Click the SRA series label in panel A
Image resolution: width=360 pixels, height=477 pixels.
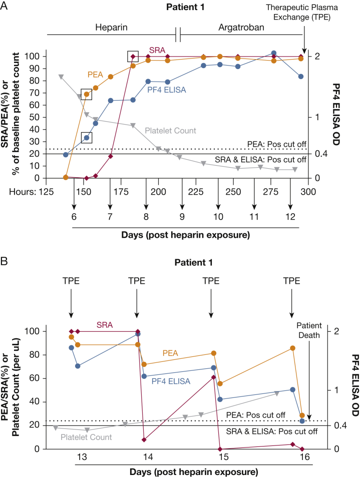coord(157,51)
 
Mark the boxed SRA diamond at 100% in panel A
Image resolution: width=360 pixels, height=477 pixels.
coord(133,56)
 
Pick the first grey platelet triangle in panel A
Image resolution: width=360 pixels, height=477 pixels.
coord(61,77)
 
